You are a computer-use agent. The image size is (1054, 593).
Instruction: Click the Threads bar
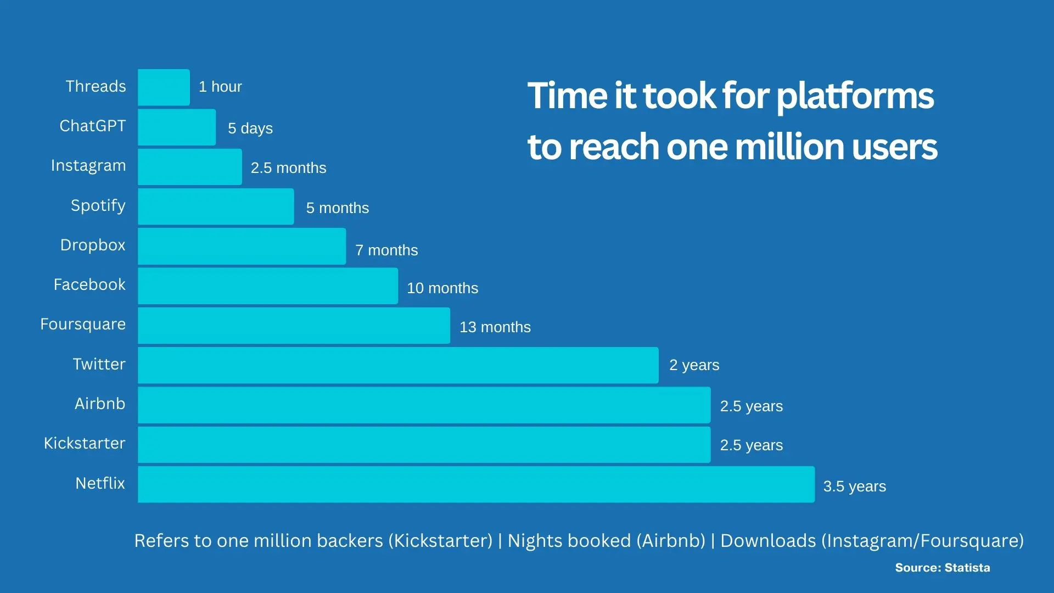[164, 87]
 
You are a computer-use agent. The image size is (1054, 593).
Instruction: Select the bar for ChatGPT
[177, 127]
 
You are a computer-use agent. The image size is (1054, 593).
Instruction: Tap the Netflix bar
[476, 484]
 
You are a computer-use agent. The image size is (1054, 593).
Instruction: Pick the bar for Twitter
[398, 365]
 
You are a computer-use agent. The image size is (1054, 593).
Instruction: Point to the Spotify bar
[216, 206]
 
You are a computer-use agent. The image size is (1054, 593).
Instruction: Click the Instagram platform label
[88, 166]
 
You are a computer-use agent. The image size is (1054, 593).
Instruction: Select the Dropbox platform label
[93, 245]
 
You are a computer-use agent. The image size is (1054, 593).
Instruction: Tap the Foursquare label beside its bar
[83, 325]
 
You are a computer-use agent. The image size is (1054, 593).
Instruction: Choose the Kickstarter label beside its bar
[85, 443]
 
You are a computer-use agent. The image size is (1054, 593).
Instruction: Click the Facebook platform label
[89, 284]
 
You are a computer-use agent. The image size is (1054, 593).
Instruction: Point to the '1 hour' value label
[220, 87]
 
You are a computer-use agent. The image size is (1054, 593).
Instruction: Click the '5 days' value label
[250, 128]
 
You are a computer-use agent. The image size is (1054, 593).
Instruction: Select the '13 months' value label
[495, 327]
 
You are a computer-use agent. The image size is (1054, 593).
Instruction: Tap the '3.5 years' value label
[855, 486]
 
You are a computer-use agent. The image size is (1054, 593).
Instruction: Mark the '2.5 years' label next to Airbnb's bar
[752, 406]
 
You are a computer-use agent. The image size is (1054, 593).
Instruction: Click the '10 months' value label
[442, 288]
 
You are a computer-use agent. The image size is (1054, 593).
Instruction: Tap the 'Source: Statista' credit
[943, 568]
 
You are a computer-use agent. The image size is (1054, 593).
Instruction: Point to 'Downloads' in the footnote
[768, 541]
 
